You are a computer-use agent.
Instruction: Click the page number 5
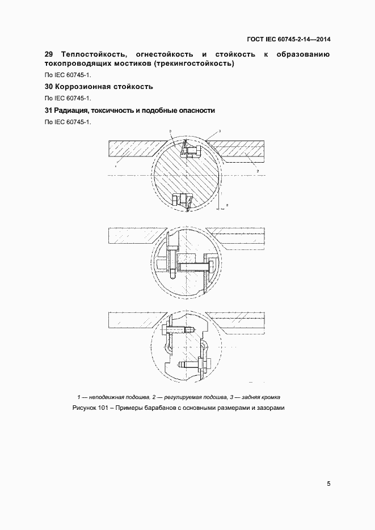click(x=328, y=484)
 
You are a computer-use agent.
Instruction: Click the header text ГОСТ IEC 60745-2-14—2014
click(x=289, y=40)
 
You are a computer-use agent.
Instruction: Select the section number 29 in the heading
click(x=49, y=54)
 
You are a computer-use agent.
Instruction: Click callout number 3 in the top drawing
click(x=219, y=131)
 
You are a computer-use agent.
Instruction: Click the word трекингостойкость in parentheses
click(x=194, y=63)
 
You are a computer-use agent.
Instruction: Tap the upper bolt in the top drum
click(x=190, y=150)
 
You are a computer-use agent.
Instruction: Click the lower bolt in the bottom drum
click(x=193, y=366)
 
